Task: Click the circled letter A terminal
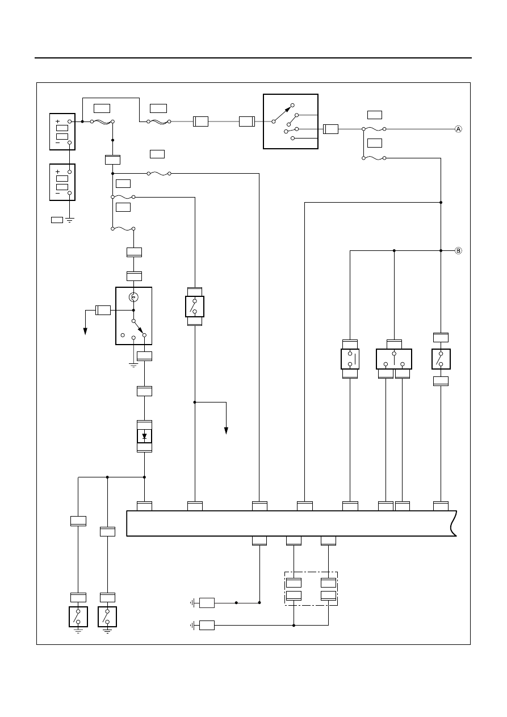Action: (458, 129)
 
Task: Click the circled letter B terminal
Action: (458, 250)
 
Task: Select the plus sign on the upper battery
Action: (57, 121)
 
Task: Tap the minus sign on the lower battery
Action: (57, 194)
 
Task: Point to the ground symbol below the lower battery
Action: (69, 220)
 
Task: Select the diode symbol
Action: (144, 436)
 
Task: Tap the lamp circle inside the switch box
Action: (133, 297)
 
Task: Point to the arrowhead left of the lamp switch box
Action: (86, 332)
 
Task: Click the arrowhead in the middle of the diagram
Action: (227, 430)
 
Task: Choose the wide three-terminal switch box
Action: (394, 359)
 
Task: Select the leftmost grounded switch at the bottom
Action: (78, 617)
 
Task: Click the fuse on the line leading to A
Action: (374, 129)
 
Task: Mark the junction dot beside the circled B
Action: (441, 250)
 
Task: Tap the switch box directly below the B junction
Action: (441, 359)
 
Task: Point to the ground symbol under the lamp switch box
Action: (133, 365)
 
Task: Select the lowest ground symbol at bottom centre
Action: (192, 625)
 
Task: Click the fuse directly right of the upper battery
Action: (102, 121)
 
